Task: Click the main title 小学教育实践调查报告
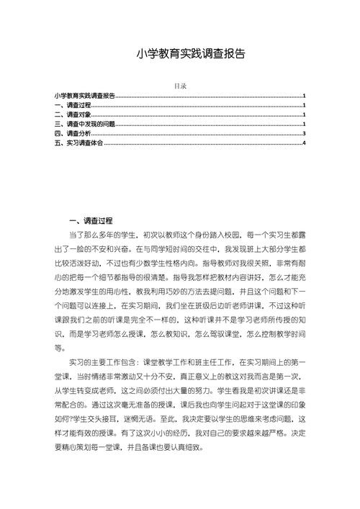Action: [180, 54]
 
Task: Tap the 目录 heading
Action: [181, 86]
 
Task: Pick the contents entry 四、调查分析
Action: [73, 133]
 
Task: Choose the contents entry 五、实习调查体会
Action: [78, 143]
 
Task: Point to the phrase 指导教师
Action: [223, 263]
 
